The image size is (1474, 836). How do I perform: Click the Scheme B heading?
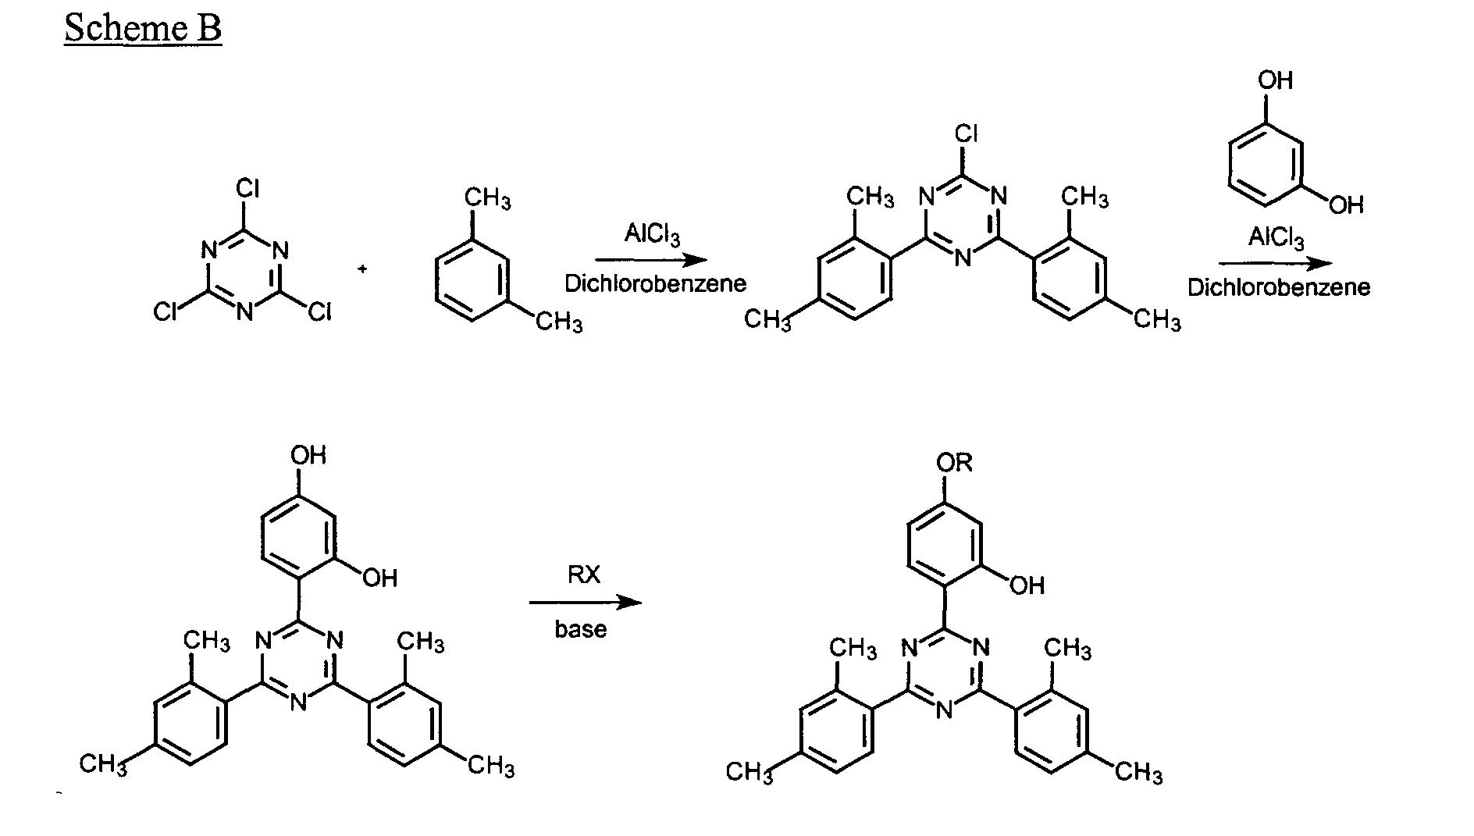[x=143, y=29]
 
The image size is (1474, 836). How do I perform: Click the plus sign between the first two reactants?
[x=363, y=269]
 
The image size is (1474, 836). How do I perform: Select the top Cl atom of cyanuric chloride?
[x=247, y=190]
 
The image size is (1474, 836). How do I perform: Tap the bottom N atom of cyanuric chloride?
[x=245, y=311]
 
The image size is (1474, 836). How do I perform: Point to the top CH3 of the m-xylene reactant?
[x=488, y=198]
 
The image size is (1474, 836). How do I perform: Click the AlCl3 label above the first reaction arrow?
[x=652, y=234]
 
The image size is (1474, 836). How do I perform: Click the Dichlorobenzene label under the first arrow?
[x=656, y=283]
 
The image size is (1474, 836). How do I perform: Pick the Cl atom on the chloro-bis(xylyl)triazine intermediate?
[x=967, y=134]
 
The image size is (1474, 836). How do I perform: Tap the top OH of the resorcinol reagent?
[x=1275, y=80]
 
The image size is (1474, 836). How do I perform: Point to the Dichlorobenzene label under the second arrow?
[x=1279, y=287]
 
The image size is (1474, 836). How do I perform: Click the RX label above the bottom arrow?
[x=584, y=575]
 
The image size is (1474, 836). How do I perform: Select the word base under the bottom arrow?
[x=581, y=629]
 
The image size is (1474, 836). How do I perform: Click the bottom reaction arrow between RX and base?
[x=586, y=602]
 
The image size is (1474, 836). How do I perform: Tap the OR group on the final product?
[x=954, y=463]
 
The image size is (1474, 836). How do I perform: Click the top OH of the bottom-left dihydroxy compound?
[x=308, y=455]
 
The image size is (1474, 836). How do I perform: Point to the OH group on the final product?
[x=1027, y=585]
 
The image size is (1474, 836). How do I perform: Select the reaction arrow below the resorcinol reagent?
[x=1276, y=264]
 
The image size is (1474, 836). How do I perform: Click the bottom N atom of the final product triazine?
[x=944, y=710]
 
